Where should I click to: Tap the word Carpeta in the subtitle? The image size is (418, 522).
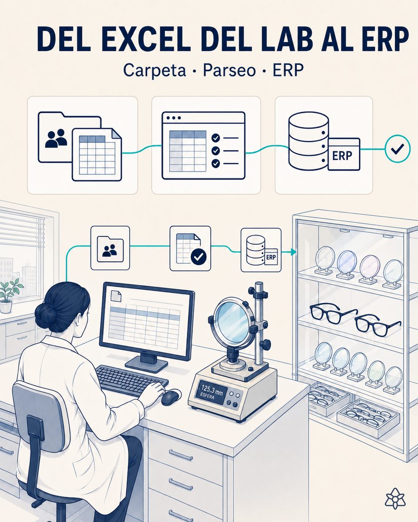coord(155,71)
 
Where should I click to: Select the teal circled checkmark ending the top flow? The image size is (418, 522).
coord(398,149)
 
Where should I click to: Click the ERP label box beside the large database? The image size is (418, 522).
coord(343,154)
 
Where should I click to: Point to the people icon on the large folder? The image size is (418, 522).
coord(56,138)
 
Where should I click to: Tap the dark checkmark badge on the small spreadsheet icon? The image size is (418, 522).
coord(199,257)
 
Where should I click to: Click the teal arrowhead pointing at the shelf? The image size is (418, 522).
coord(294,252)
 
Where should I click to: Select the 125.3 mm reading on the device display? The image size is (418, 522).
coord(212,394)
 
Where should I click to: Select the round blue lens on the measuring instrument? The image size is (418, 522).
coord(230,320)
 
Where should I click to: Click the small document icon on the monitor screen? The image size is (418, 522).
coord(116,296)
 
